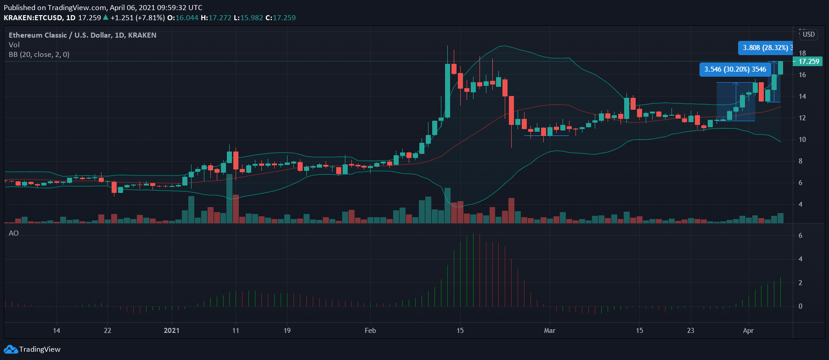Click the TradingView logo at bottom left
coord(32,349)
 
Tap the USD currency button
coord(809,34)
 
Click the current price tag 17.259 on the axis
coord(808,62)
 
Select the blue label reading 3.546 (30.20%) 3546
coord(735,69)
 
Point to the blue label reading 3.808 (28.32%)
coord(765,48)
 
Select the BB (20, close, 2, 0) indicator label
coord(39,55)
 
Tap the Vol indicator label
coord(14,45)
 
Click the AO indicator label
coord(14,233)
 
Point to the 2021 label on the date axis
coord(172,331)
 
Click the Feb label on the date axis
coord(370,331)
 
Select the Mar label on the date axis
coord(550,331)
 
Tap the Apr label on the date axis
coord(748,331)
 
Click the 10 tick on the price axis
coord(802,140)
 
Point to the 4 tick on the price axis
coord(801,204)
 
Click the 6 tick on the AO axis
coord(801,236)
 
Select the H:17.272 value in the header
coord(216,18)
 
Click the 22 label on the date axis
coord(107,331)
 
